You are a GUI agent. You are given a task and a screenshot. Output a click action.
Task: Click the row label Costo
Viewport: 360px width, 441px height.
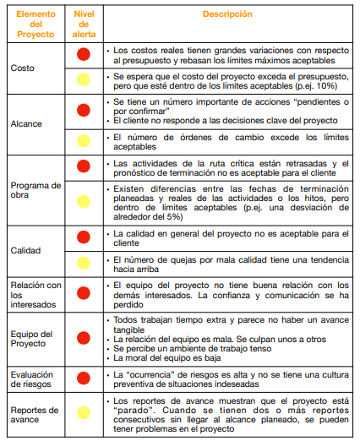pyautogui.click(x=21, y=67)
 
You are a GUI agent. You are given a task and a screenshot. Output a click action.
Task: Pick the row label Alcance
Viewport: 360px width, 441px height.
pyautogui.click(x=25, y=123)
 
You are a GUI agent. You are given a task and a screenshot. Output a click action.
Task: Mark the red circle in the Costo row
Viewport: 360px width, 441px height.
pyautogui.click(x=84, y=55)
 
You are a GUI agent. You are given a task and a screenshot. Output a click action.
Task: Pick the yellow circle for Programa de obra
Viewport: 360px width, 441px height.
pyautogui.click(x=84, y=200)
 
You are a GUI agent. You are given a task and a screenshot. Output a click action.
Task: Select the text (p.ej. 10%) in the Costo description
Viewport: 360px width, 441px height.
pyautogui.click(x=314, y=85)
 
